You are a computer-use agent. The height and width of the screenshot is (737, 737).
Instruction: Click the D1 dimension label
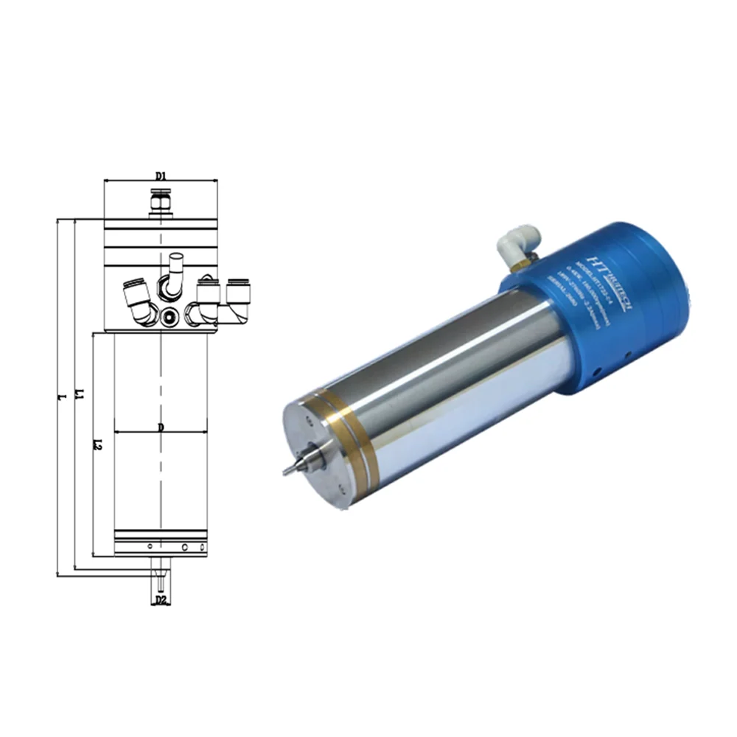(161, 176)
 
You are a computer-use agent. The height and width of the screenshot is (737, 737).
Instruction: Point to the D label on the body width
(160, 427)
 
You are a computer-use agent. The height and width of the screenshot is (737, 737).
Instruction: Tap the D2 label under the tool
(161, 601)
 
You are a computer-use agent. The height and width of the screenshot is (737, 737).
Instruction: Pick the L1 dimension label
(80, 398)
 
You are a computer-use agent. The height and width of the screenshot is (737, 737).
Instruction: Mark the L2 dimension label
(98, 444)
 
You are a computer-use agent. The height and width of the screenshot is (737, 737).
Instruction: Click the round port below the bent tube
(171, 317)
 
